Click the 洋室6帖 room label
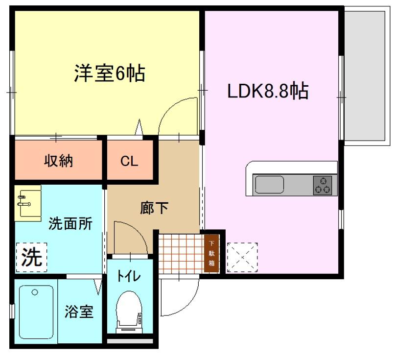pyautogui.click(x=109, y=74)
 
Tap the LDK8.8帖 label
pyautogui.click(x=267, y=91)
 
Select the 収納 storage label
pyautogui.click(x=59, y=161)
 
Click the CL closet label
pyautogui.click(x=130, y=161)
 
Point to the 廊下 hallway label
pyautogui.click(x=154, y=209)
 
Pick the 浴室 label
pyautogui.click(x=79, y=312)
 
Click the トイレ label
pyautogui.click(x=129, y=276)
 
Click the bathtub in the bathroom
pyautogui.click(x=36, y=312)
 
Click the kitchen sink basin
pyautogui.click(x=270, y=185)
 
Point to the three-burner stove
pyautogui.click(x=323, y=185)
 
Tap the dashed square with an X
pyautogui.click(x=242, y=257)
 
